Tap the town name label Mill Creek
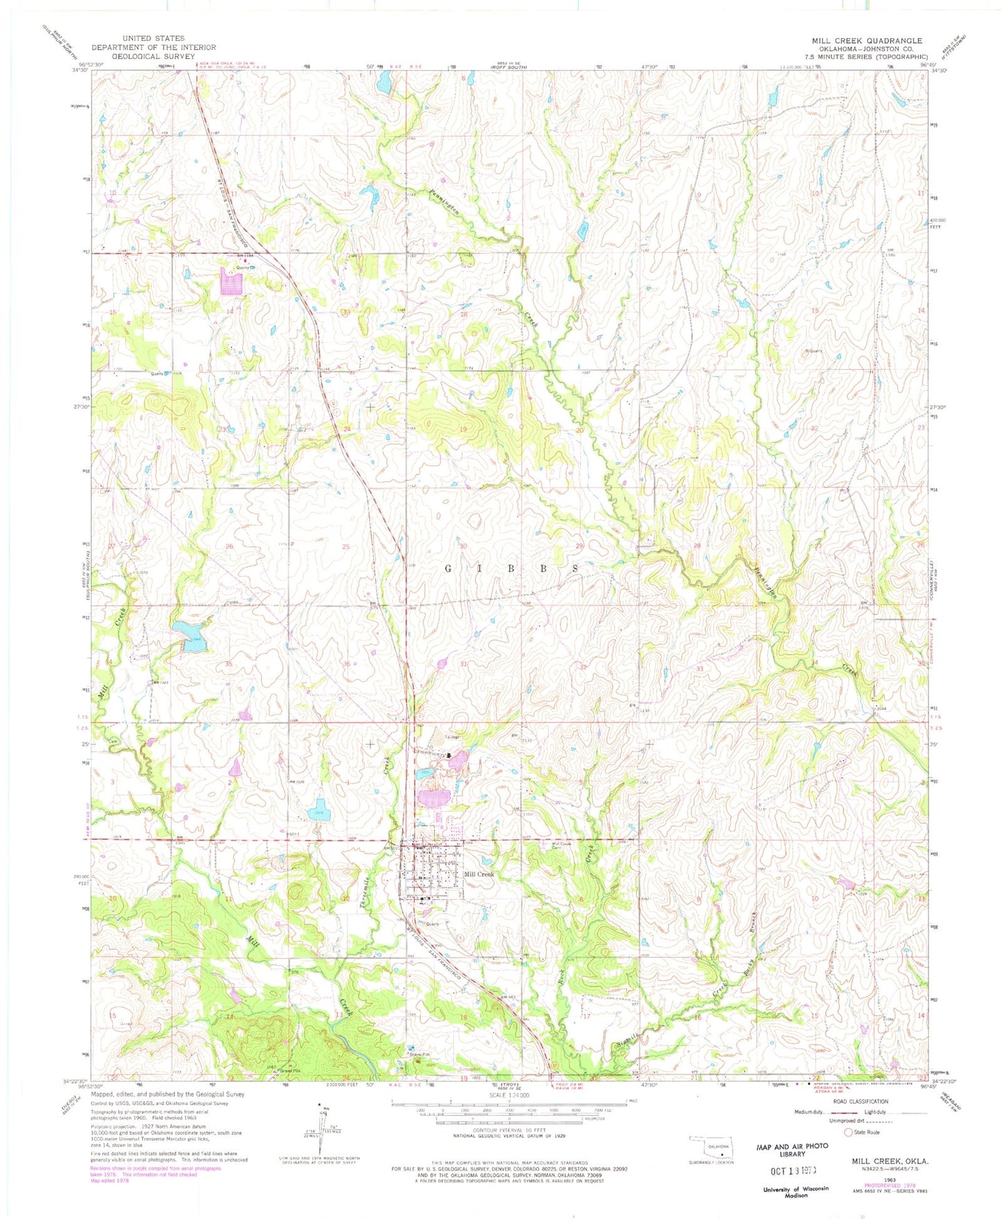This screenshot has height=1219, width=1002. [478, 874]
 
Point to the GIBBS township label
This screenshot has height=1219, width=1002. [512, 568]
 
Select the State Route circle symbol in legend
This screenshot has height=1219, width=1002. [847, 1132]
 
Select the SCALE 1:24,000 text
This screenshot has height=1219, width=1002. [509, 1096]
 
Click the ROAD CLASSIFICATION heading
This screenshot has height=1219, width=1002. [861, 1102]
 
